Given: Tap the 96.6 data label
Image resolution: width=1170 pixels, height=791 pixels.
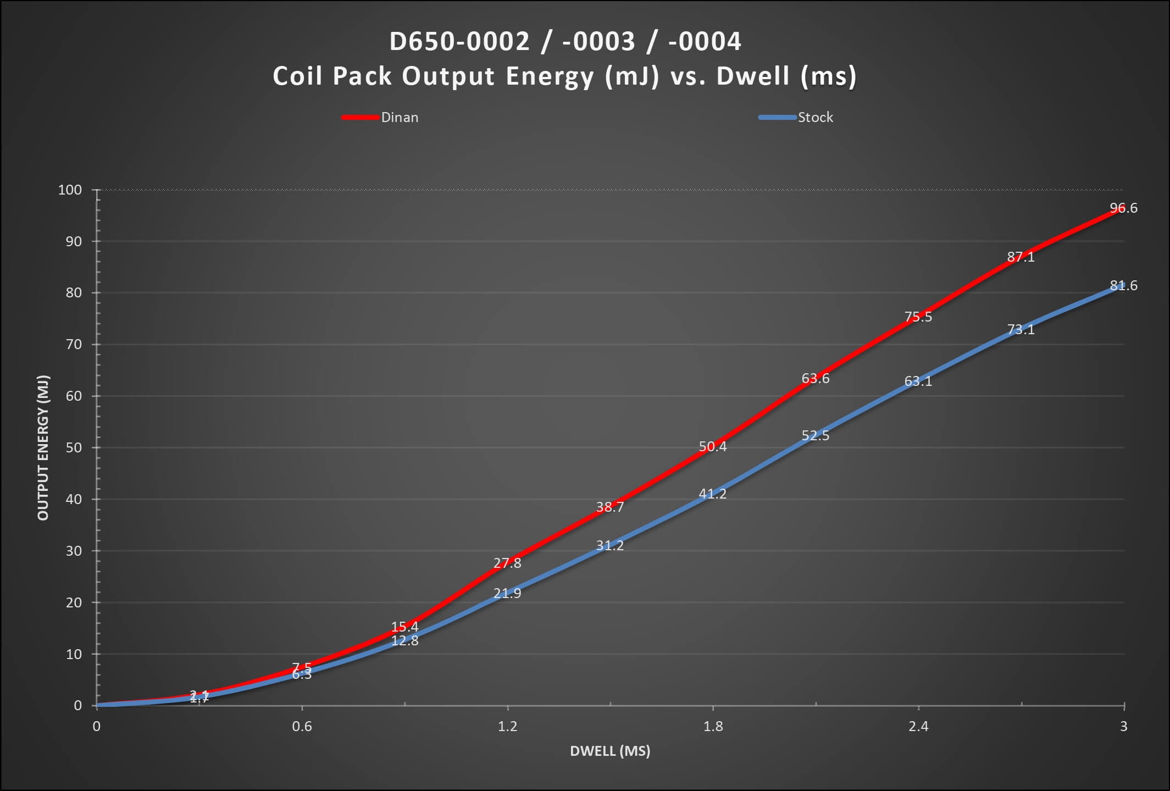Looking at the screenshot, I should pyautogui.click(x=1123, y=208).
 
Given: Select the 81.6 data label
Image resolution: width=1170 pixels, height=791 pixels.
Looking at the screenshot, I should pyautogui.click(x=1123, y=286).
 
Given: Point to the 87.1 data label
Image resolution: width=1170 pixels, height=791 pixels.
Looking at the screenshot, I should pyautogui.click(x=1021, y=257).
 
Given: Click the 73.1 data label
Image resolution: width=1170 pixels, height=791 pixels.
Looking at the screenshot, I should pyautogui.click(x=1021, y=329).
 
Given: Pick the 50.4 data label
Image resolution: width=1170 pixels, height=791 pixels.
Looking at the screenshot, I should pyautogui.click(x=712, y=446).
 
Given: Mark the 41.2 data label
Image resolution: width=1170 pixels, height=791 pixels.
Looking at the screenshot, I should pyautogui.click(x=712, y=494).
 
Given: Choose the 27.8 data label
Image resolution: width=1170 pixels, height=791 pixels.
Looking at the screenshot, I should pyautogui.click(x=507, y=563).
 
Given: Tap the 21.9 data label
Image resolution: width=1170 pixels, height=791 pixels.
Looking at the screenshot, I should pyautogui.click(x=507, y=593).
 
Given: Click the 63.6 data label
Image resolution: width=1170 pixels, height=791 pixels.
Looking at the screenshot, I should pyautogui.click(x=815, y=378).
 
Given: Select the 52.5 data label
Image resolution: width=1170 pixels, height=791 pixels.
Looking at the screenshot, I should pyautogui.click(x=815, y=435).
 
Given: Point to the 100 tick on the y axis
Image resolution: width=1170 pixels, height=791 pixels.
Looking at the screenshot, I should pyautogui.click(x=70, y=190).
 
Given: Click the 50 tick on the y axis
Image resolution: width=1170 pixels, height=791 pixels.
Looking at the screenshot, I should pyautogui.click(x=74, y=447).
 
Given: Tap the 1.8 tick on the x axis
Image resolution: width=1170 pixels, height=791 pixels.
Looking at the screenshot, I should pyautogui.click(x=713, y=726).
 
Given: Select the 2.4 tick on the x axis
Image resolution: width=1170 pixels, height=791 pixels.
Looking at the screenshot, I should pyautogui.click(x=918, y=726).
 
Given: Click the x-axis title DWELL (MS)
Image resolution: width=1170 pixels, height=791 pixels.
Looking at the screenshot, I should pyautogui.click(x=610, y=751).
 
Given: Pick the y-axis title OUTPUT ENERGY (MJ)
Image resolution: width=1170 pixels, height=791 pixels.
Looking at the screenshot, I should pyautogui.click(x=43, y=447).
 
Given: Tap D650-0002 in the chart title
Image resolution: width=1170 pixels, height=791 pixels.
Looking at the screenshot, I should pyautogui.click(x=459, y=42).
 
